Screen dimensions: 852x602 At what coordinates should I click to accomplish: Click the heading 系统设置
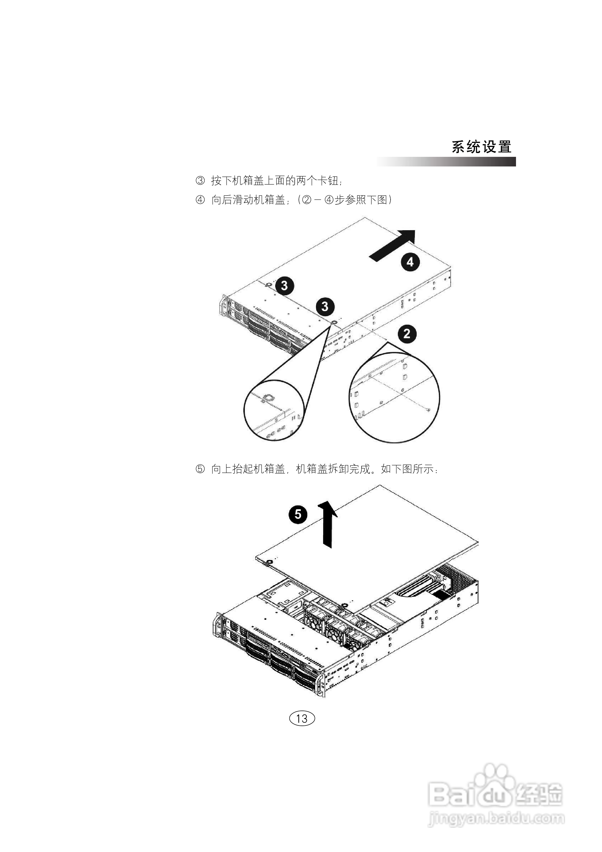point(481,147)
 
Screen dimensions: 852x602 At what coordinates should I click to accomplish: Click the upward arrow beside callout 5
point(327,523)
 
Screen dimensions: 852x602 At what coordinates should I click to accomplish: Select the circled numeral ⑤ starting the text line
point(200,469)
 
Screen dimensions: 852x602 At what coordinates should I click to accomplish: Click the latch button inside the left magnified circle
point(268,397)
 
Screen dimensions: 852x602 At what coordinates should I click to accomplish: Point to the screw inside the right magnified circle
point(428,410)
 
